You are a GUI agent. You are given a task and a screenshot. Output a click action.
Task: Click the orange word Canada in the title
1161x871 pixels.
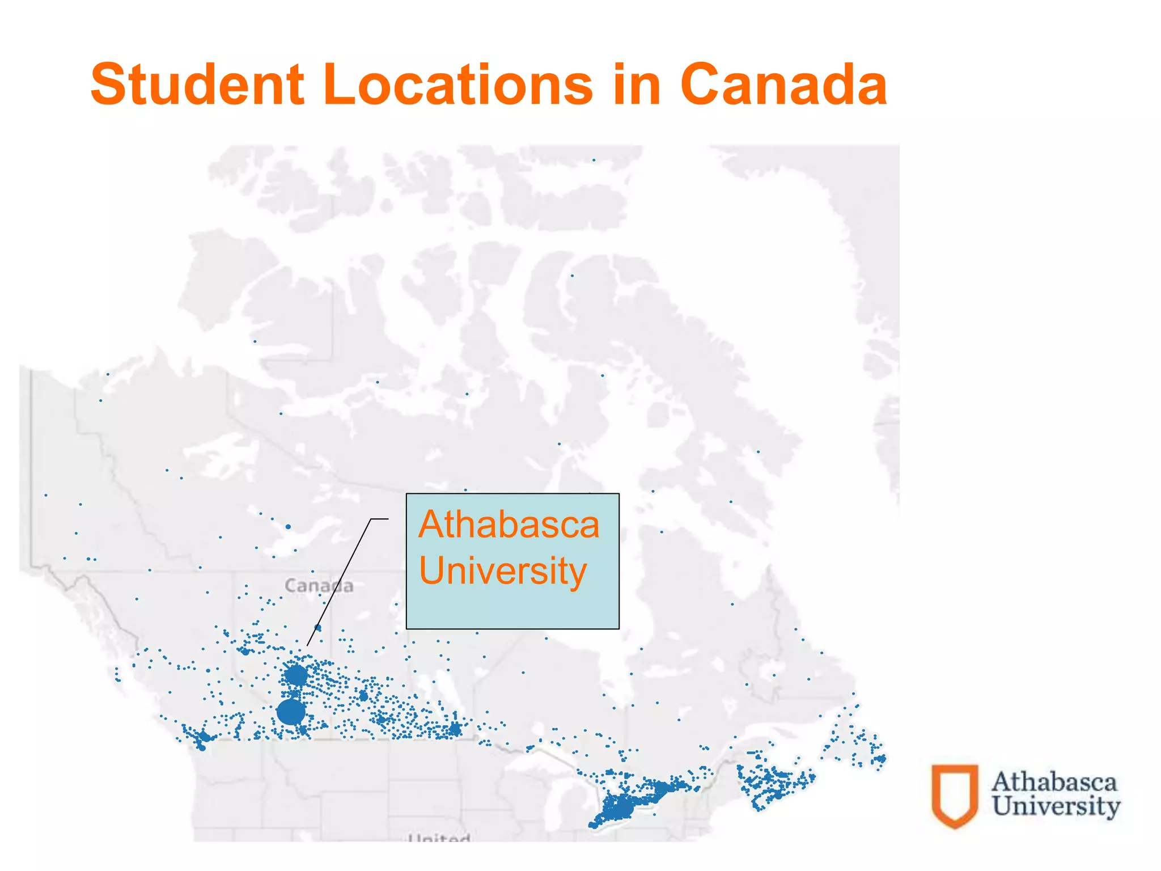pos(783,84)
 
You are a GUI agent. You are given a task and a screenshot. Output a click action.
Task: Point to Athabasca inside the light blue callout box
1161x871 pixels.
pos(509,525)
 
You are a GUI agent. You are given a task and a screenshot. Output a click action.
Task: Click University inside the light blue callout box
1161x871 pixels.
pos(503,570)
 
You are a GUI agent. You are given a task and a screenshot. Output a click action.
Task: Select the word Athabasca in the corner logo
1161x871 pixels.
pos(1054,782)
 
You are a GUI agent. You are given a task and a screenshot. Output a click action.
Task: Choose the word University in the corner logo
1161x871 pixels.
pos(1056,806)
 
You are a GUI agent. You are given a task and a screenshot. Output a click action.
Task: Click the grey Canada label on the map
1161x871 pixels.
pos(319,585)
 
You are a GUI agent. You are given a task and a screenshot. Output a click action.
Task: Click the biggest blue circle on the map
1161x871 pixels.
pos(291,712)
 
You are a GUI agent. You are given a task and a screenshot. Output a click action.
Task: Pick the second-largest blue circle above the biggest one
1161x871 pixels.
pos(295,675)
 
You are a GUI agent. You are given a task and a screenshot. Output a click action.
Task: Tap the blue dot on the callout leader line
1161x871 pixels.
pos(317,628)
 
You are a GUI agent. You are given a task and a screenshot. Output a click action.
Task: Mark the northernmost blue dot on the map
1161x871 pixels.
pos(594,160)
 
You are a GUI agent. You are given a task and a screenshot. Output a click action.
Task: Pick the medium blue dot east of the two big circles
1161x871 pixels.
pos(363,696)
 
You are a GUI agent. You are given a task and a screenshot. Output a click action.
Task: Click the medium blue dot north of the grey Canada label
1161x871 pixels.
pos(288,527)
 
